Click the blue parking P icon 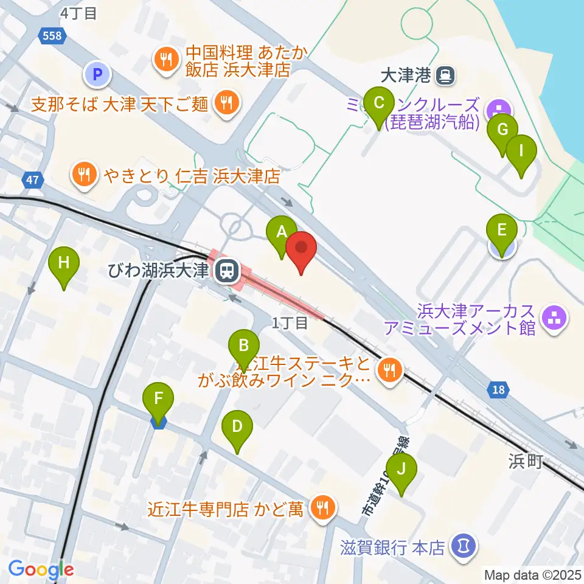(97, 75)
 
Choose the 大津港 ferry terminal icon (447, 75)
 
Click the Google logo (41, 569)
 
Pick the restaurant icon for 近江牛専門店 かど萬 (322, 507)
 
